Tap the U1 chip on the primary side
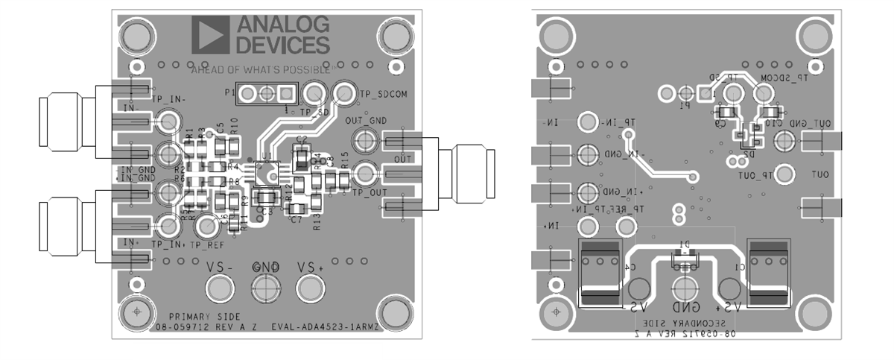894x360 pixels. point(266,173)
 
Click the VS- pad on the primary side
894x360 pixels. point(220,286)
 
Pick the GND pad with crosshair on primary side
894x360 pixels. point(265,286)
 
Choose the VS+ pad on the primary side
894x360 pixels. point(310,286)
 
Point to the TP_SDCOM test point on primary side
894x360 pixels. point(343,92)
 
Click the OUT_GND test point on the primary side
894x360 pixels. point(364,139)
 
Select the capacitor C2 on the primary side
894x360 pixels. point(301,157)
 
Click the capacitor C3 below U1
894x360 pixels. point(266,198)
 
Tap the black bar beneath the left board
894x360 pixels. point(257,352)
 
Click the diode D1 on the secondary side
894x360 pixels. point(684,258)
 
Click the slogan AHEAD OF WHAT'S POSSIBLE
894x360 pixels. point(260,71)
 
